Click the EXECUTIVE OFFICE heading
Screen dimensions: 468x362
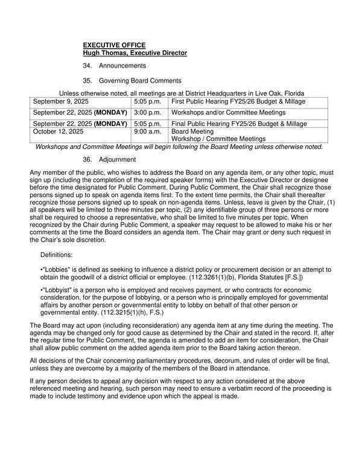click(115, 45)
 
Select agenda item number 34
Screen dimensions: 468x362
click(87, 66)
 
